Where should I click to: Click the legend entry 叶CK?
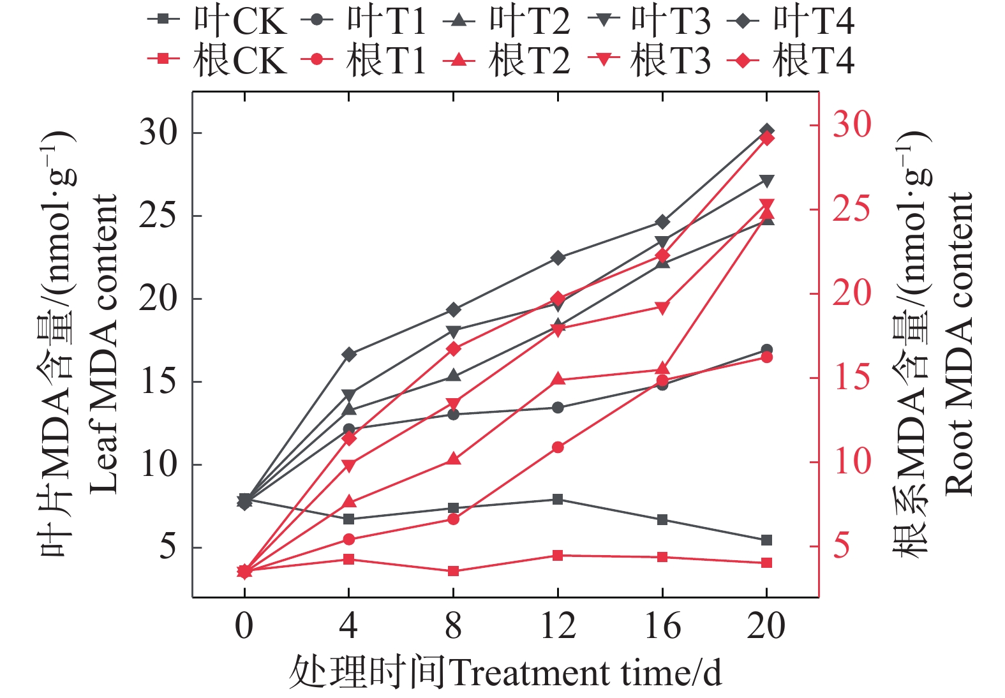217,20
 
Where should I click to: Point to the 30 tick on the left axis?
158,133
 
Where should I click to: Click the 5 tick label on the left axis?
167,547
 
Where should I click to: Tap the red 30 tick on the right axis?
851,124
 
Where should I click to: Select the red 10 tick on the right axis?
851,461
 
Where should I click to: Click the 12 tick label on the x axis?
558,626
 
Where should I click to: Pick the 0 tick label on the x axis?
244,626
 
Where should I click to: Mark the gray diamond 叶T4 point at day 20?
766,131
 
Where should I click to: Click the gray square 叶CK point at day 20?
766,540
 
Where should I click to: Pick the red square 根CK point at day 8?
453,571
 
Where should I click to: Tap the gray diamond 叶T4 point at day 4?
349,354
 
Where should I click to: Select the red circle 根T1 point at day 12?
558,447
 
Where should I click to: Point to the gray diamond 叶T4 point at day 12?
558,258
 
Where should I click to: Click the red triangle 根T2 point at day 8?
453,459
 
